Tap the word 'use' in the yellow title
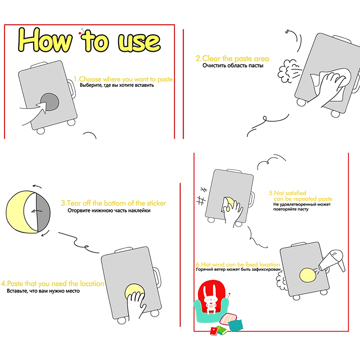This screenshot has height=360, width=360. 139,42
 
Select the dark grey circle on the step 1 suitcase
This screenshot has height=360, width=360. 49,102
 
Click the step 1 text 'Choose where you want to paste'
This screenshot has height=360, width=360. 126,80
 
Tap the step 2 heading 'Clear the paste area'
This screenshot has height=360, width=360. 235,58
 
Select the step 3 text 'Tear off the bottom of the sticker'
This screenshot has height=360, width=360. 117,203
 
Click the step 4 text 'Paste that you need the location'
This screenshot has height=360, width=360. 55,283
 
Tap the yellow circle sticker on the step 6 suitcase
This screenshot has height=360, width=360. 308,275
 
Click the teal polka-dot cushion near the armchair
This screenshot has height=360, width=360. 235,325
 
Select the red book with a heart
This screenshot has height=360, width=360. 215,331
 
